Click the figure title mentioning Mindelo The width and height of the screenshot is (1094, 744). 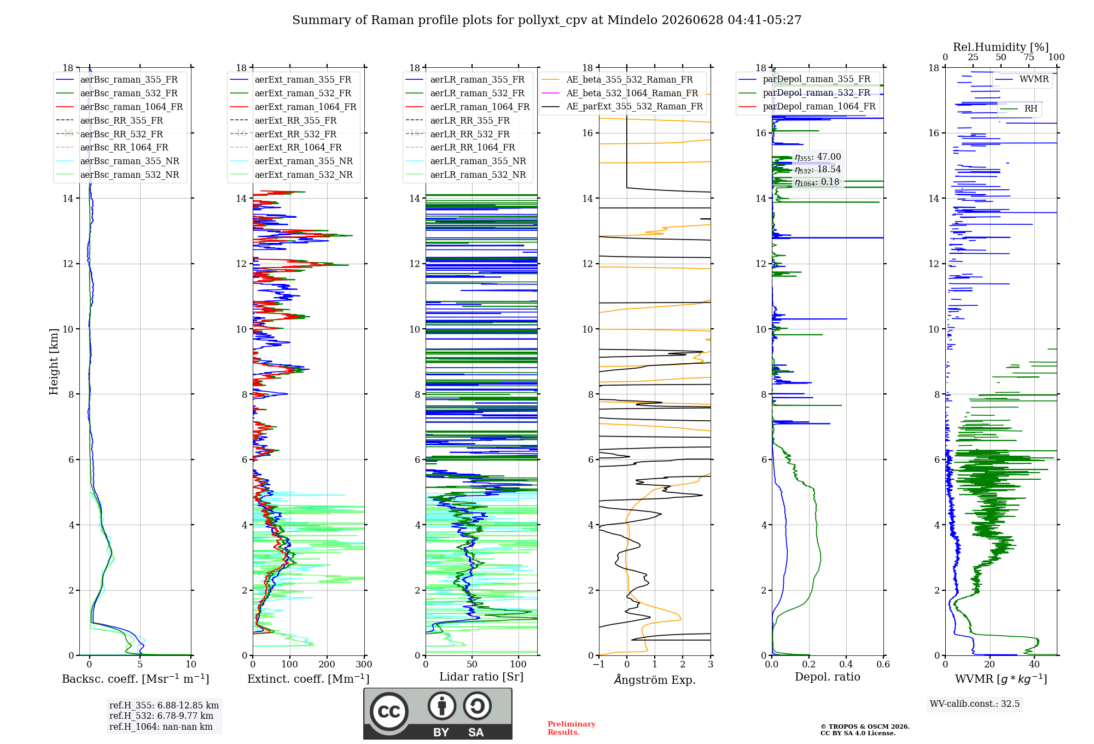[x=546, y=20]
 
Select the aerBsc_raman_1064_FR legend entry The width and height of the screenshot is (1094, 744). [x=119, y=107]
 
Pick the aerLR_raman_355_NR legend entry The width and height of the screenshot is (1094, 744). [x=465, y=161]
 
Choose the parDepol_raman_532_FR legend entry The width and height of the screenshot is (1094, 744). [x=804, y=93]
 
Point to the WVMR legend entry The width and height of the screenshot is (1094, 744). [x=1022, y=79]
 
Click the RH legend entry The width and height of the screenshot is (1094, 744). [x=1019, y=109]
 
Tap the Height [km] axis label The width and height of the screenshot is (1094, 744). [x=54, y=362]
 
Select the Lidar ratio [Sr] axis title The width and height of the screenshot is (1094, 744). [x=481, y=677]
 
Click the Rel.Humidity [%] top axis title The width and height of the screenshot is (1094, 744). [x=1001, y=47]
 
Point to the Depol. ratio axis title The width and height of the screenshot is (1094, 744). [x=828, y=677]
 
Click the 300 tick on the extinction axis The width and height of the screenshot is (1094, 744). [x=364, y=664]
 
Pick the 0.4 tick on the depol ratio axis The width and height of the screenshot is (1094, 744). [x=846, y=664]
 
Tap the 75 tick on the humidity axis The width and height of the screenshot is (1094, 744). [x=1029, y=57]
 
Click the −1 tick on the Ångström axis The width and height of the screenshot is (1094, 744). [x=598, y=664]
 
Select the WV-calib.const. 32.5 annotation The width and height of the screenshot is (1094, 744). [x=975, y=704]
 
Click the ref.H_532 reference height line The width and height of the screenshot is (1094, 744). [x=161, y=716]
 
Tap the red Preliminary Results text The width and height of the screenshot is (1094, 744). [x=572, y=728]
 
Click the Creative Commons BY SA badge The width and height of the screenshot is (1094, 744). [x=438, y=713]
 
